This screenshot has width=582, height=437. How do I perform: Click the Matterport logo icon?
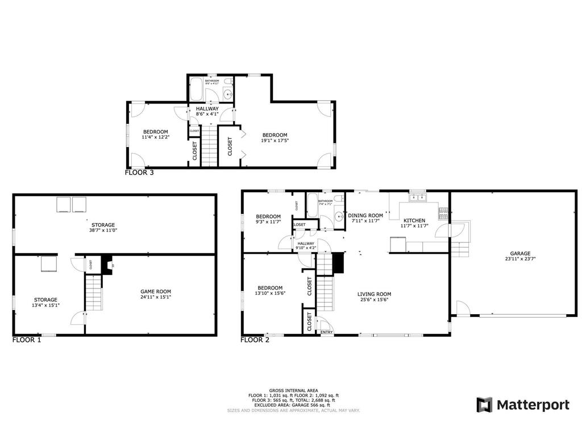484,405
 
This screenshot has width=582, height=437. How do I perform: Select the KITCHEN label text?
414,220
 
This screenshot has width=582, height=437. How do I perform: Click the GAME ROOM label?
155,291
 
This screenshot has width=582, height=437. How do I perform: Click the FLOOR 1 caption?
26,340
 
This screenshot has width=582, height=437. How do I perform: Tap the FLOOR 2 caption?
255,340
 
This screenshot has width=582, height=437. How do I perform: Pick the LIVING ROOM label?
374,294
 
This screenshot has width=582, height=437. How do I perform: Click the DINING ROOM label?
365,216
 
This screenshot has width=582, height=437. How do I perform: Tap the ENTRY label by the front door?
327,332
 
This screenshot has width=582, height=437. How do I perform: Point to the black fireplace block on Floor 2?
338,263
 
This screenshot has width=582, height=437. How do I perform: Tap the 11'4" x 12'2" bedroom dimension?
155,137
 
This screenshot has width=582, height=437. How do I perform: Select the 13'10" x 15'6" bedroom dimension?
270,293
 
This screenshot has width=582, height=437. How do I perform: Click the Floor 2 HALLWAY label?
305,243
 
